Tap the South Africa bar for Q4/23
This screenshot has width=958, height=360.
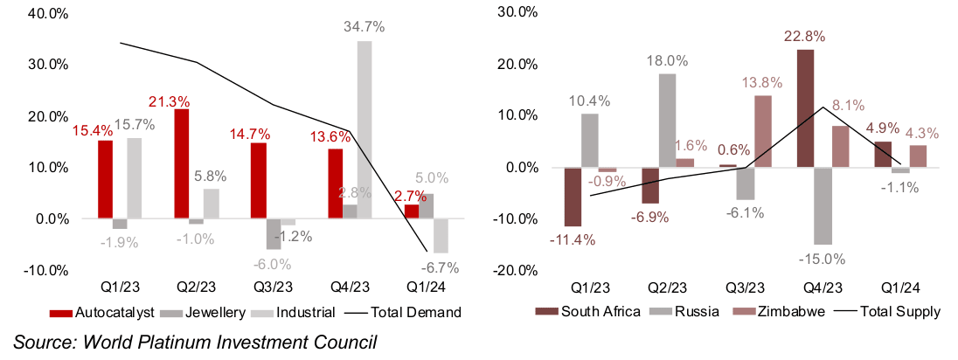pyautogui.click(x=805, y=108)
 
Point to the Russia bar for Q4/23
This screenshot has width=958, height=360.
pyautogui.click(x=822, y=205)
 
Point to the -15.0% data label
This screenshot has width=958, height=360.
pyautogui.click(x=824, y=258)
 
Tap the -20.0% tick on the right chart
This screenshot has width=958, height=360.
pyautogui.click(x=513, y=271)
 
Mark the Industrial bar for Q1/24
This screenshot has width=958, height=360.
pyautogui.click(x=441, y=235)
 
